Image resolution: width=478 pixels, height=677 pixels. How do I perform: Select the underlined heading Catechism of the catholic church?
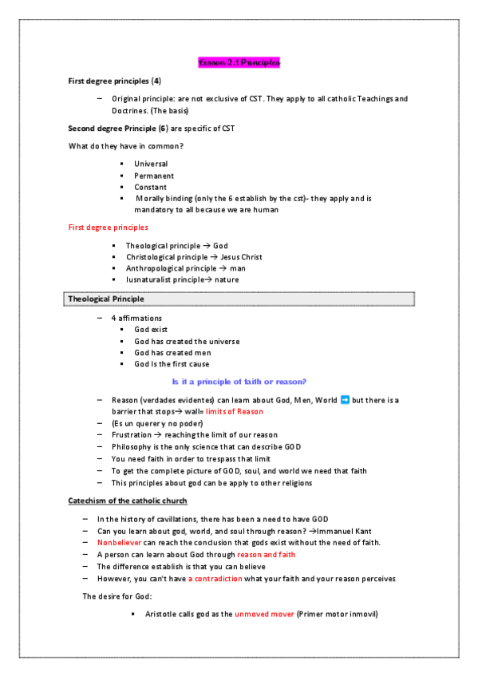pos(128,501)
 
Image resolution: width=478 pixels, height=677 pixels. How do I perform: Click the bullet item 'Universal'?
pos(151,164)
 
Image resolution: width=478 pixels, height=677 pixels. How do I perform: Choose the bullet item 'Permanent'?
pos(154,176)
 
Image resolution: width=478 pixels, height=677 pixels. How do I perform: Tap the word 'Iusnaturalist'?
pos(148,279)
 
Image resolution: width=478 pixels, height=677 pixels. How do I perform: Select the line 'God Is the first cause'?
pos(172,364)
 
